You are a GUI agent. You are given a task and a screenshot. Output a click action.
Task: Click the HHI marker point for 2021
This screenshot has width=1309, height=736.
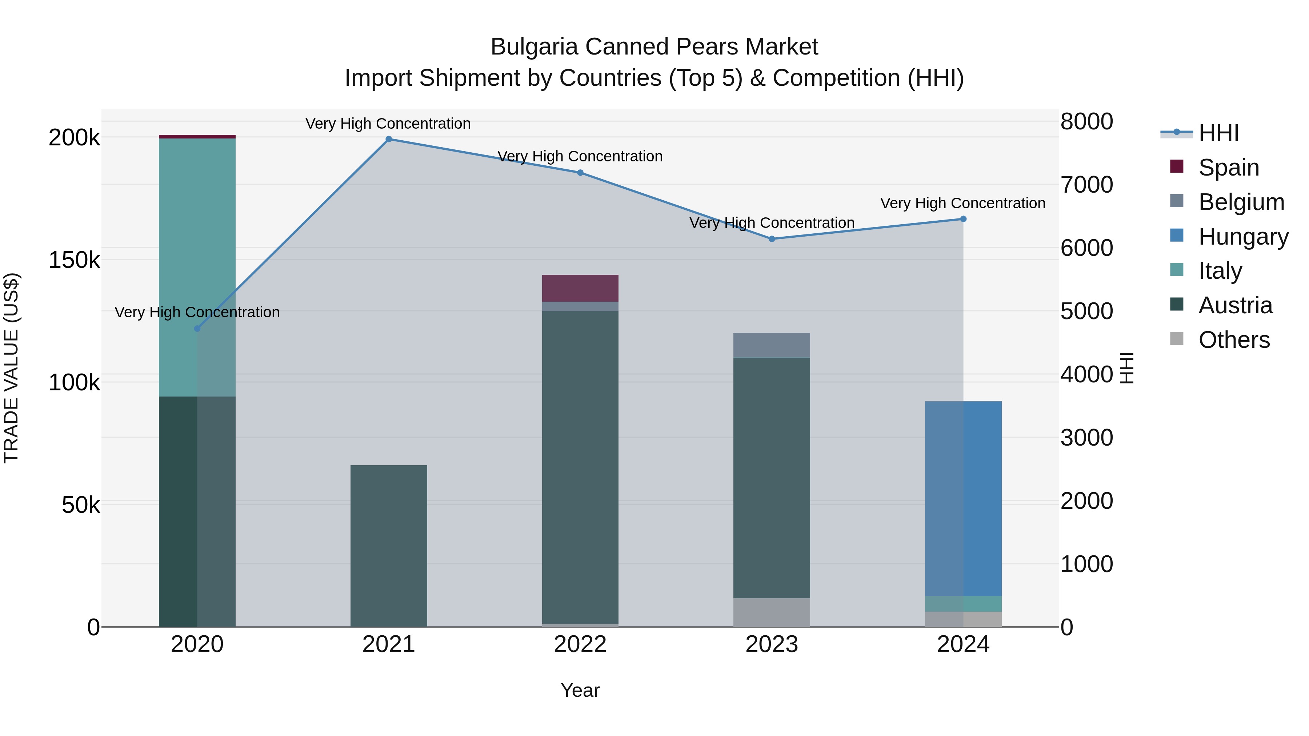point(389,139)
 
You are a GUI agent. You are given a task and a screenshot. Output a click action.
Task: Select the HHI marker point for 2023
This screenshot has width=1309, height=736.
point(771,239)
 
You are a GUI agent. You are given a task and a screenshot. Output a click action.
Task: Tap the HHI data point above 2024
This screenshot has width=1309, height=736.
point(963,219)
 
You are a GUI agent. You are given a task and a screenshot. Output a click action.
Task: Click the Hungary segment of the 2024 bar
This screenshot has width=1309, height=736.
point(963,498)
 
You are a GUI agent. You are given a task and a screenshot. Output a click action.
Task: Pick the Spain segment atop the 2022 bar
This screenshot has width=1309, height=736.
point(580,288)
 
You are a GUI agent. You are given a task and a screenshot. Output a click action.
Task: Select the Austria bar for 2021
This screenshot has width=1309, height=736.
point(389,546)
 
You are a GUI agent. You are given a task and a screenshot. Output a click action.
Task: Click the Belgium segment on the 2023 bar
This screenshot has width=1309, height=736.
point(771,345)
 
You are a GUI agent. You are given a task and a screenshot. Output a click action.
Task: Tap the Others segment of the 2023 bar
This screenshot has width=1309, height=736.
point(771,612)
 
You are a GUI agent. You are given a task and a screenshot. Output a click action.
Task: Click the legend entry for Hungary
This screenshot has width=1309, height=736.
point(1243,237)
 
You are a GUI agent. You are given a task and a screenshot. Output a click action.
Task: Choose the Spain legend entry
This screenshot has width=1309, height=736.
point(1228,168)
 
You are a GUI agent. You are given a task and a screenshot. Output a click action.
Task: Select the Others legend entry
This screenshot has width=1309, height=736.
point(1233,340)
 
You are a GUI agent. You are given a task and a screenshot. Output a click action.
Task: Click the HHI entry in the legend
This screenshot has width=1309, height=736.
point(1218,133)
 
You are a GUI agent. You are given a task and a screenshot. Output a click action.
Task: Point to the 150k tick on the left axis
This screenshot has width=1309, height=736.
point(74,260)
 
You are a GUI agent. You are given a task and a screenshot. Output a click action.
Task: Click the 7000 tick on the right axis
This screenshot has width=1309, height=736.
point(1086,185)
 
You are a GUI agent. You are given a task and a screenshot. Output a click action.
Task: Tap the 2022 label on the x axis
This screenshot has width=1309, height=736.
point(580,644)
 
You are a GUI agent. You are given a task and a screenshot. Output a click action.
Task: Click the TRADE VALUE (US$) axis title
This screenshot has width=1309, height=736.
point(11,368)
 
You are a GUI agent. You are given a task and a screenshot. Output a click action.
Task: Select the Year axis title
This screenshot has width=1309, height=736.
point(580,690)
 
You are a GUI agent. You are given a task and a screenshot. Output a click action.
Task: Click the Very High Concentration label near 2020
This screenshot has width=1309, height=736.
point(197,312)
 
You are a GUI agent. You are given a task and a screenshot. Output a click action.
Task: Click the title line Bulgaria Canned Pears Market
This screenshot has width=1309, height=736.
point(654,47)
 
